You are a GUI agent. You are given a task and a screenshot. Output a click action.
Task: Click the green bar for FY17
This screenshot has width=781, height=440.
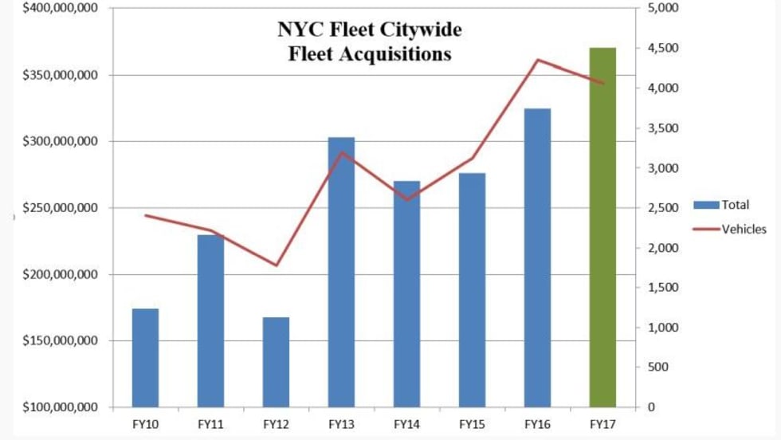click(602, 227)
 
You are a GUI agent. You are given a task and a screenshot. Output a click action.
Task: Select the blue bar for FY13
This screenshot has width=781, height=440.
click(341, 272)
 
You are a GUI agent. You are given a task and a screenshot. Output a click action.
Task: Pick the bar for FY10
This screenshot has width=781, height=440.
click(145, 357)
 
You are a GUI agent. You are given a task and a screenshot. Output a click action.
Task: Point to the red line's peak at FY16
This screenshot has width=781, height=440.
click(538, 60)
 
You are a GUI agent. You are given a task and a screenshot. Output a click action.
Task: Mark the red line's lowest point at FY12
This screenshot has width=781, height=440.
click(276, 265)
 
